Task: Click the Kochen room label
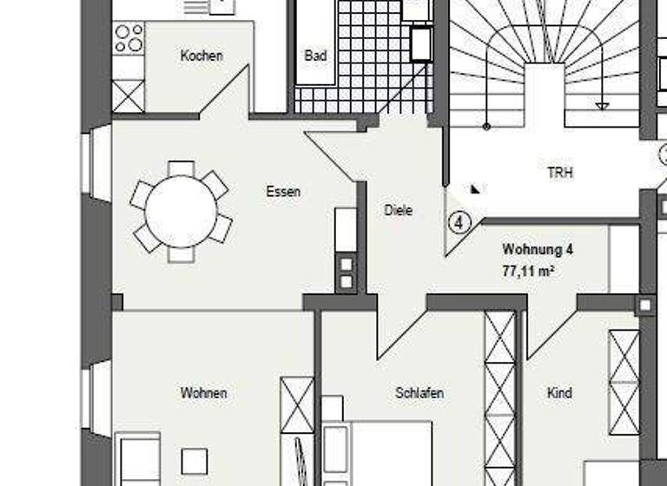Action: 201,56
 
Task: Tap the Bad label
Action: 315,56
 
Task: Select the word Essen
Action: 283,191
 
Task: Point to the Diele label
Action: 398,210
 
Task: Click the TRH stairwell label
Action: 560,173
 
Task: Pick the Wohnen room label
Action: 203,393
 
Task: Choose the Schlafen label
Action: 419,393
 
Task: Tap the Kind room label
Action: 559,393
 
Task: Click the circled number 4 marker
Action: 459,222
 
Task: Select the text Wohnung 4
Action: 538,250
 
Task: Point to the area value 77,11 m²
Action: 528,271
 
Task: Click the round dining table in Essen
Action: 181,212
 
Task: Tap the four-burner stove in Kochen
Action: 129,38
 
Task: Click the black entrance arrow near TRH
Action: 476,187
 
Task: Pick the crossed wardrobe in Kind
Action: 624,382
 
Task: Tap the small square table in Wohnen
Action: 195,460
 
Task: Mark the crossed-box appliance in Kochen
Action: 129,95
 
